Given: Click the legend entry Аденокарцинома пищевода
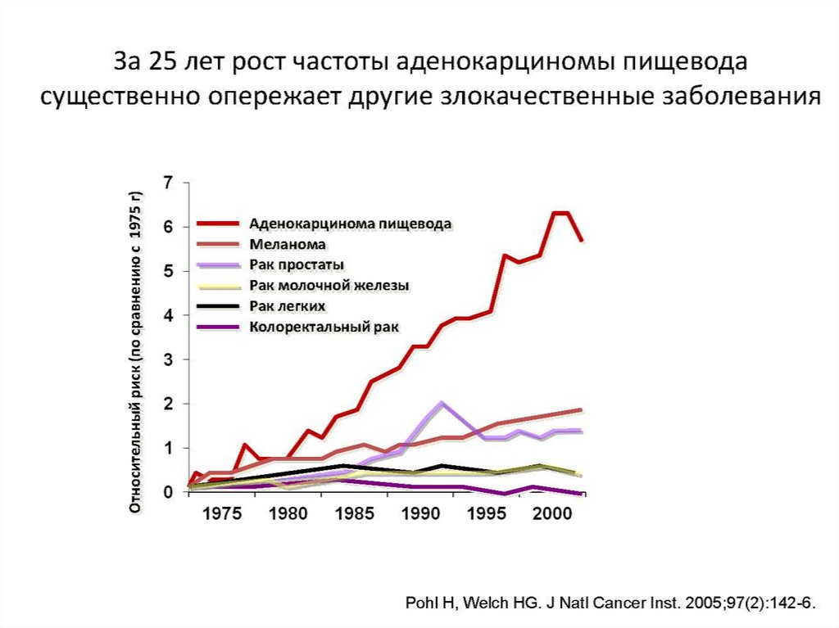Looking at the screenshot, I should [351, 223].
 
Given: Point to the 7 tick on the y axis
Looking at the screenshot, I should [168, 182].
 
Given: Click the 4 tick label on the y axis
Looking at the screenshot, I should [168, 315].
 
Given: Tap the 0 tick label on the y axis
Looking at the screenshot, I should [168, 492].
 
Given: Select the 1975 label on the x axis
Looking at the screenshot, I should [223, 515].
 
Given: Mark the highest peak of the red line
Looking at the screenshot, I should [560, 213].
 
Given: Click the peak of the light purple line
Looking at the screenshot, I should [442, 403].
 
